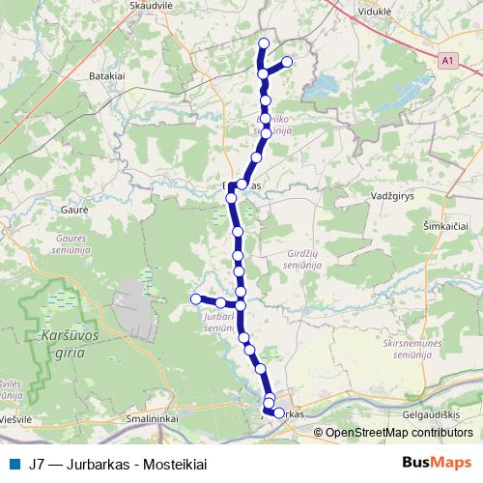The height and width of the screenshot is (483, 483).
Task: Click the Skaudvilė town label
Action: [x=149, y=5]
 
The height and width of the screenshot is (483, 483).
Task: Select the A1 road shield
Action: [x=445, y=60]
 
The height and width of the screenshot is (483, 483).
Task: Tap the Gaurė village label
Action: [x=74, y=209]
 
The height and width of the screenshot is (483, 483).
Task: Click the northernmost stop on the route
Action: [x=263, y=43]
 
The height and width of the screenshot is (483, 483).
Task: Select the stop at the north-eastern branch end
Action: [x=286, y=62]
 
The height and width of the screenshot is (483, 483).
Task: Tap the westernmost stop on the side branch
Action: [x=195, y=299]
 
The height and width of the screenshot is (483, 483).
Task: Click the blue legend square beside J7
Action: [x=13, y=464]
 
